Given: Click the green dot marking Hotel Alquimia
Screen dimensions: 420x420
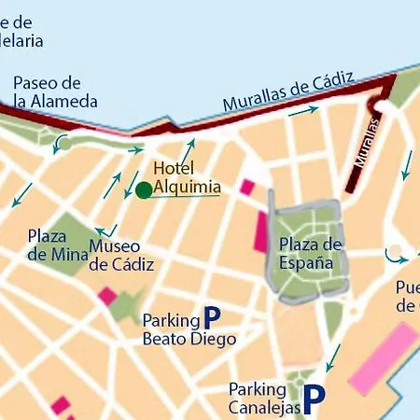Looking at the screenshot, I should (x=144, y=190).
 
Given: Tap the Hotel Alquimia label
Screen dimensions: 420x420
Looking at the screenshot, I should (x=187, y=178).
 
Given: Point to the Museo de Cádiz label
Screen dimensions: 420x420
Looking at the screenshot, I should (x=121, y=255).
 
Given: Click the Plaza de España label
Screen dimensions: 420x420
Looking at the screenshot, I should (x=311, y=253).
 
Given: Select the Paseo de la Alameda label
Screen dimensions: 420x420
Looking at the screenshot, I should (x=56, y=92).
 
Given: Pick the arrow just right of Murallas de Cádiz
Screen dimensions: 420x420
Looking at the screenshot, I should (x=303, y=110).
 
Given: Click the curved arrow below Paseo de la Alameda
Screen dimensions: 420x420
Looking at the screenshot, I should (x=62, y=143).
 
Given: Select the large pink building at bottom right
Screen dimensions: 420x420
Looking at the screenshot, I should (x=383, y=359).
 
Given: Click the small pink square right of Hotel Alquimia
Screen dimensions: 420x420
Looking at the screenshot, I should (x=247, y=187).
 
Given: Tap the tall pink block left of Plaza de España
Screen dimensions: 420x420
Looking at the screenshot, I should (x=261, y=231).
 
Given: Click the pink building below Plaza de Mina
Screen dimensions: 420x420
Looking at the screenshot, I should (x=108, y=297).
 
